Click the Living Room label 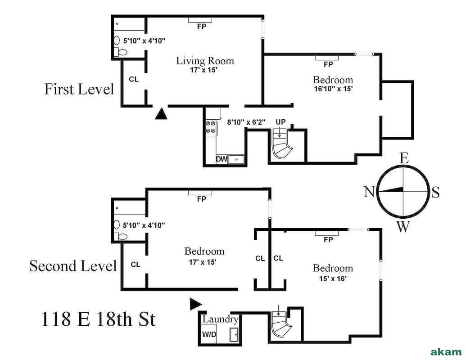click(205, 61)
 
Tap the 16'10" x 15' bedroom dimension click(333, 89)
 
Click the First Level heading click(79, 89)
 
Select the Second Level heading click(73, 265)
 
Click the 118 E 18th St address click(99, 319)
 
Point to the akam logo click(446, 351)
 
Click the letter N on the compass click(369, 192)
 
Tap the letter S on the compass click(435, 193)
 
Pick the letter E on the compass click(404, 158)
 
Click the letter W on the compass click(403, 226)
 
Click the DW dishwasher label click(221, 159)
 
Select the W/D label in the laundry click(208, 335)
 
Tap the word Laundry click(220, 319)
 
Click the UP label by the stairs click(281, 122)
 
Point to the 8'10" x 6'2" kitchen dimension click(246, 121)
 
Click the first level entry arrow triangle click(161, 113)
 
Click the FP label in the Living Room click(201, 27)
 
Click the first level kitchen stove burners click(210, 127)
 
